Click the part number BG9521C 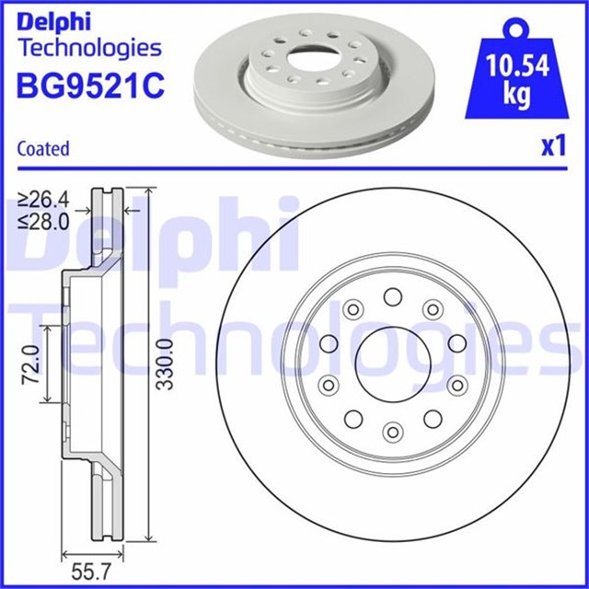[89, 86]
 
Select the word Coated [43, 149]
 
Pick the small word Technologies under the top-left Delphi [89, 48]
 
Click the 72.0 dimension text [31, 364]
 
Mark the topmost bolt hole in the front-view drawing [393, 296]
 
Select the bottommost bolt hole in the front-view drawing [393, 431]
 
